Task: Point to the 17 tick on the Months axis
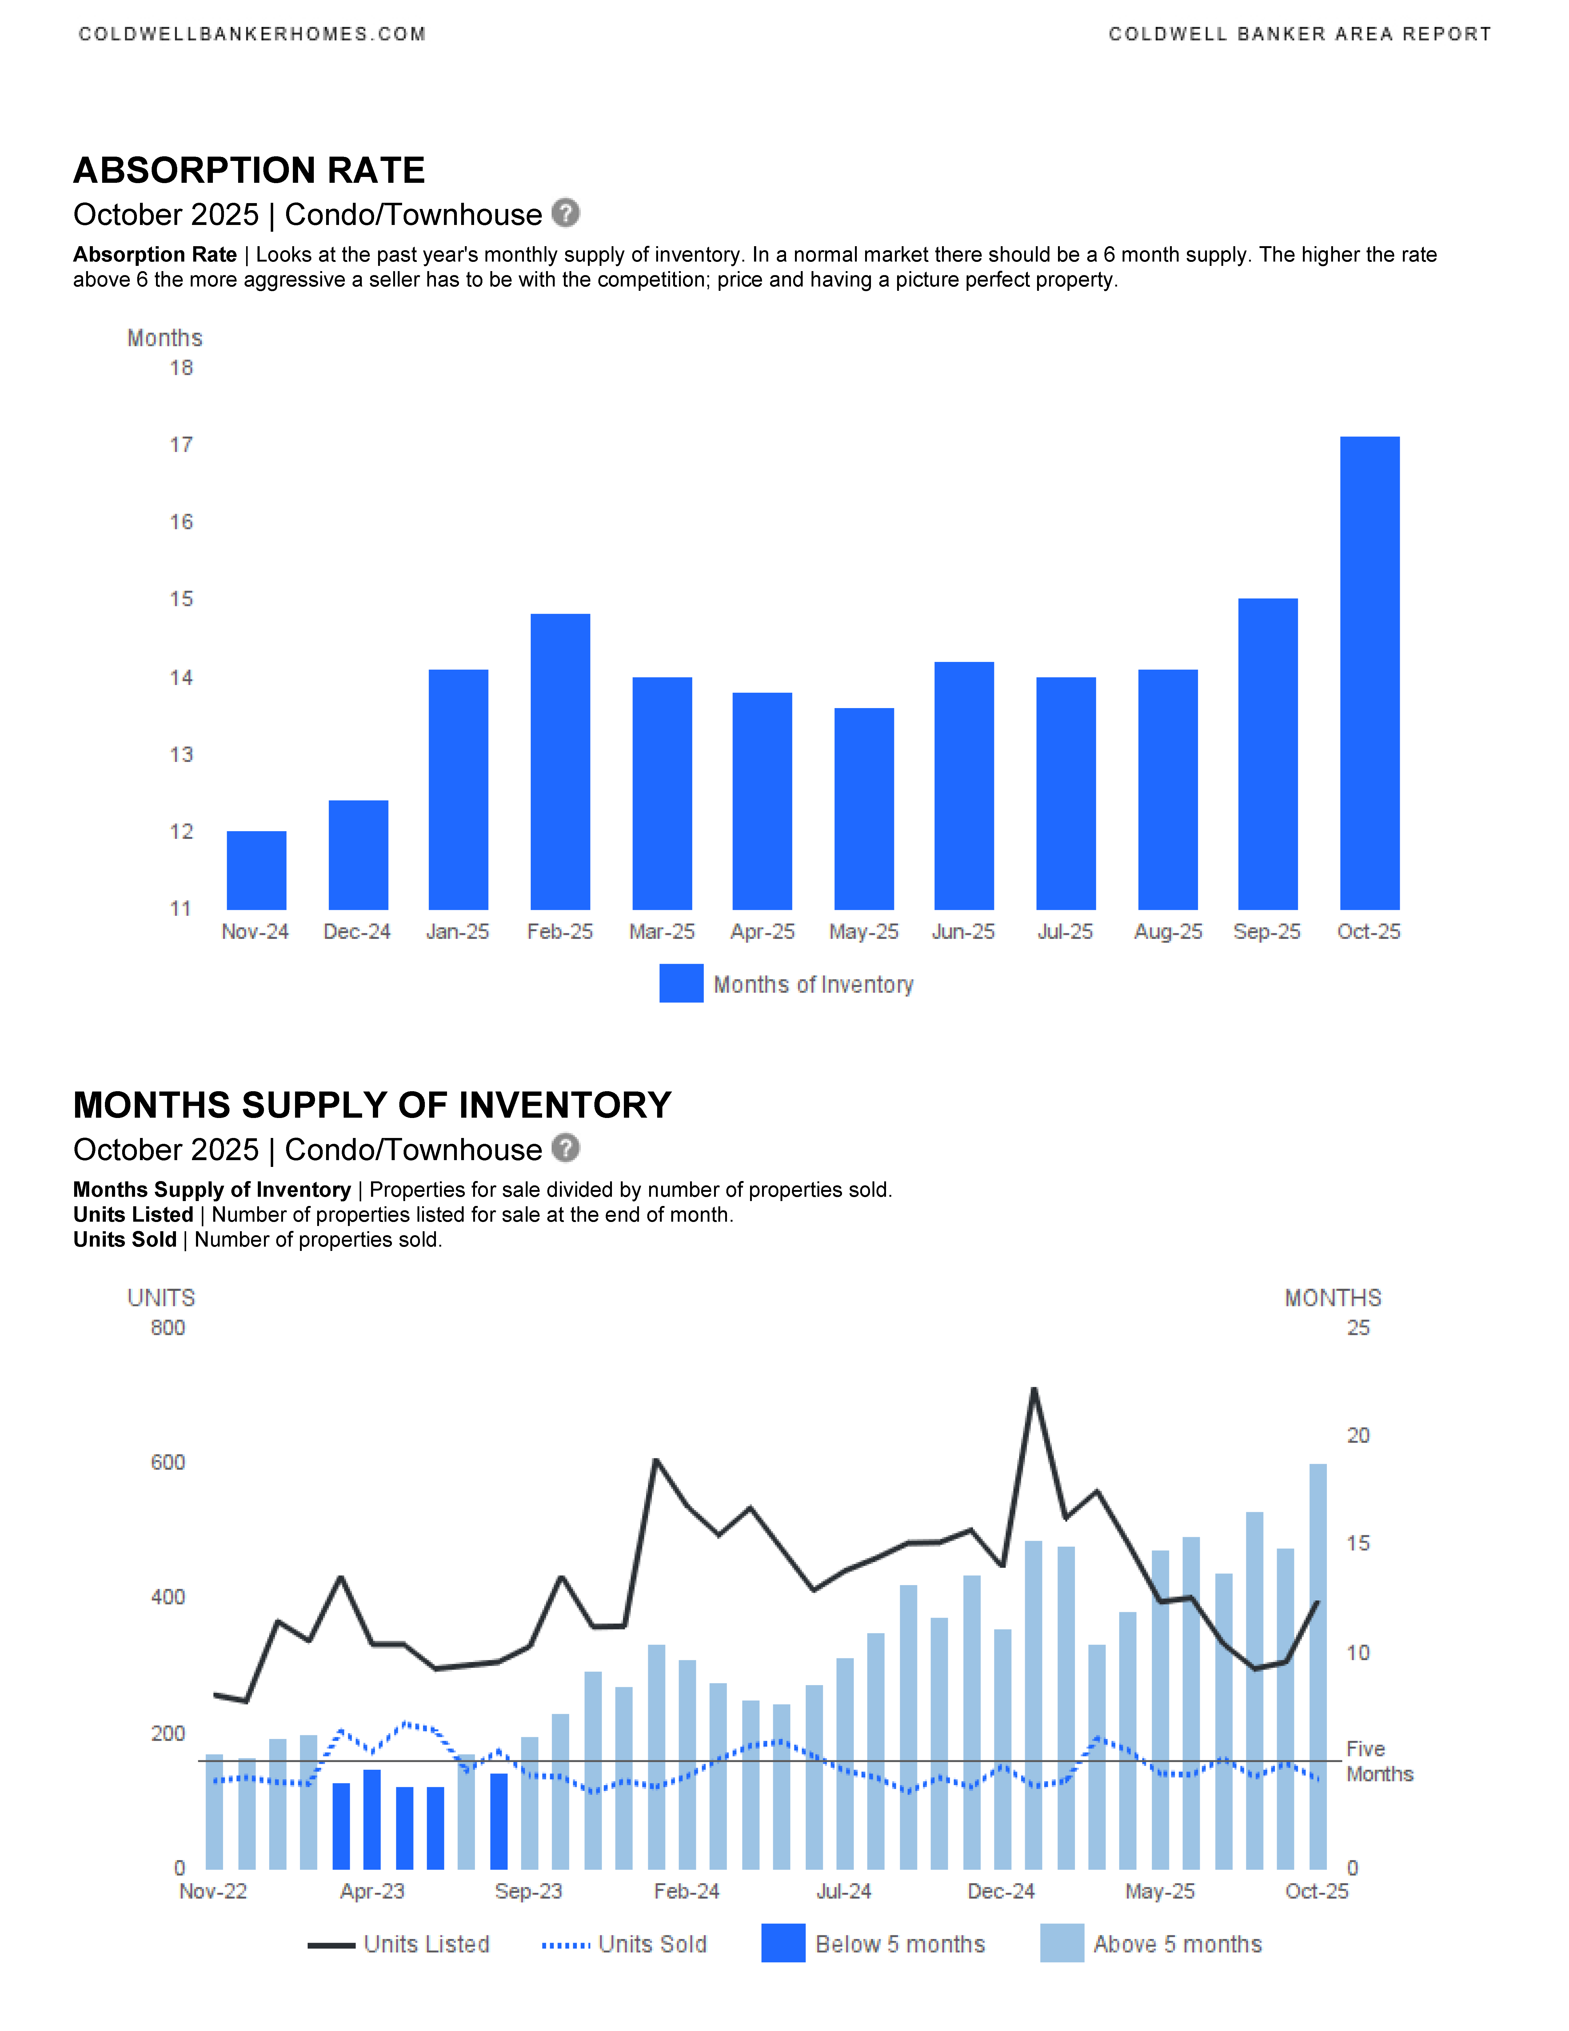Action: (x=181, y=445)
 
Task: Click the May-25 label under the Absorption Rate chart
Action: (x=864, y=932)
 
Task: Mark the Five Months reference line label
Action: (x=1379, y=1761)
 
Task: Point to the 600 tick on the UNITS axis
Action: (x=168, y=1463)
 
